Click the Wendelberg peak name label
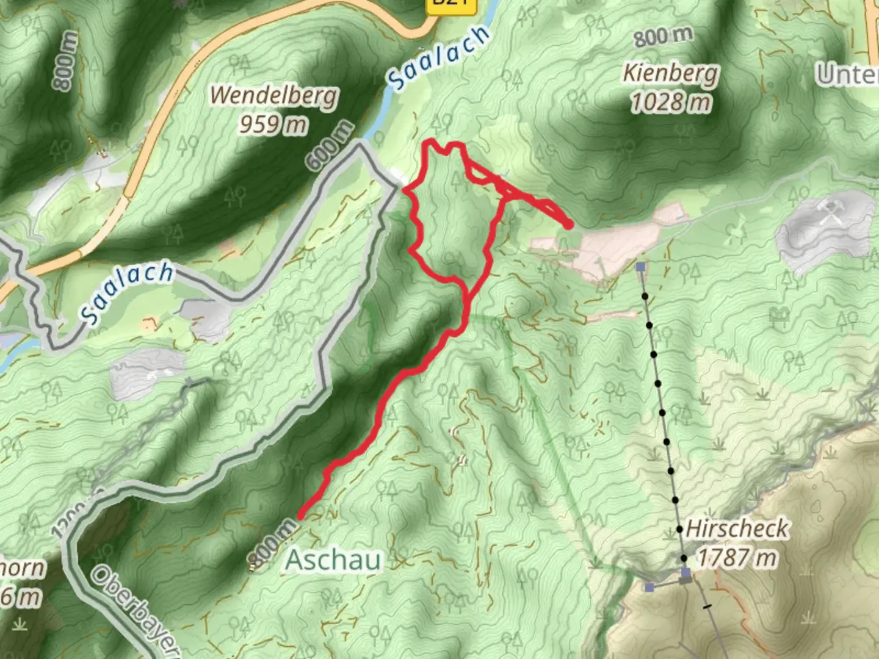[x=273, y=96]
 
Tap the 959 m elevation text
[x=272, y=124]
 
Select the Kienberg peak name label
[x=670, y=74]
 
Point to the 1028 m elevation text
[x=670, y=102]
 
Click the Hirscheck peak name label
[x=737, y=528]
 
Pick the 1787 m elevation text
[x=737, y=558]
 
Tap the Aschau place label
[x=334, y=560]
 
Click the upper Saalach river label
[x=440, y=57]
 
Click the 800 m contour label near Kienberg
[x=663, y=37]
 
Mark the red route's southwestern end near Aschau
[x=300, y=517]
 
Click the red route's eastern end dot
[x=569, y=225]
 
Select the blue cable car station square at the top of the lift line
[x=640, y=267]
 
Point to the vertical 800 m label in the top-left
[x=65, y=61]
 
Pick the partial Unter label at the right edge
[x=848, y=74]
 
